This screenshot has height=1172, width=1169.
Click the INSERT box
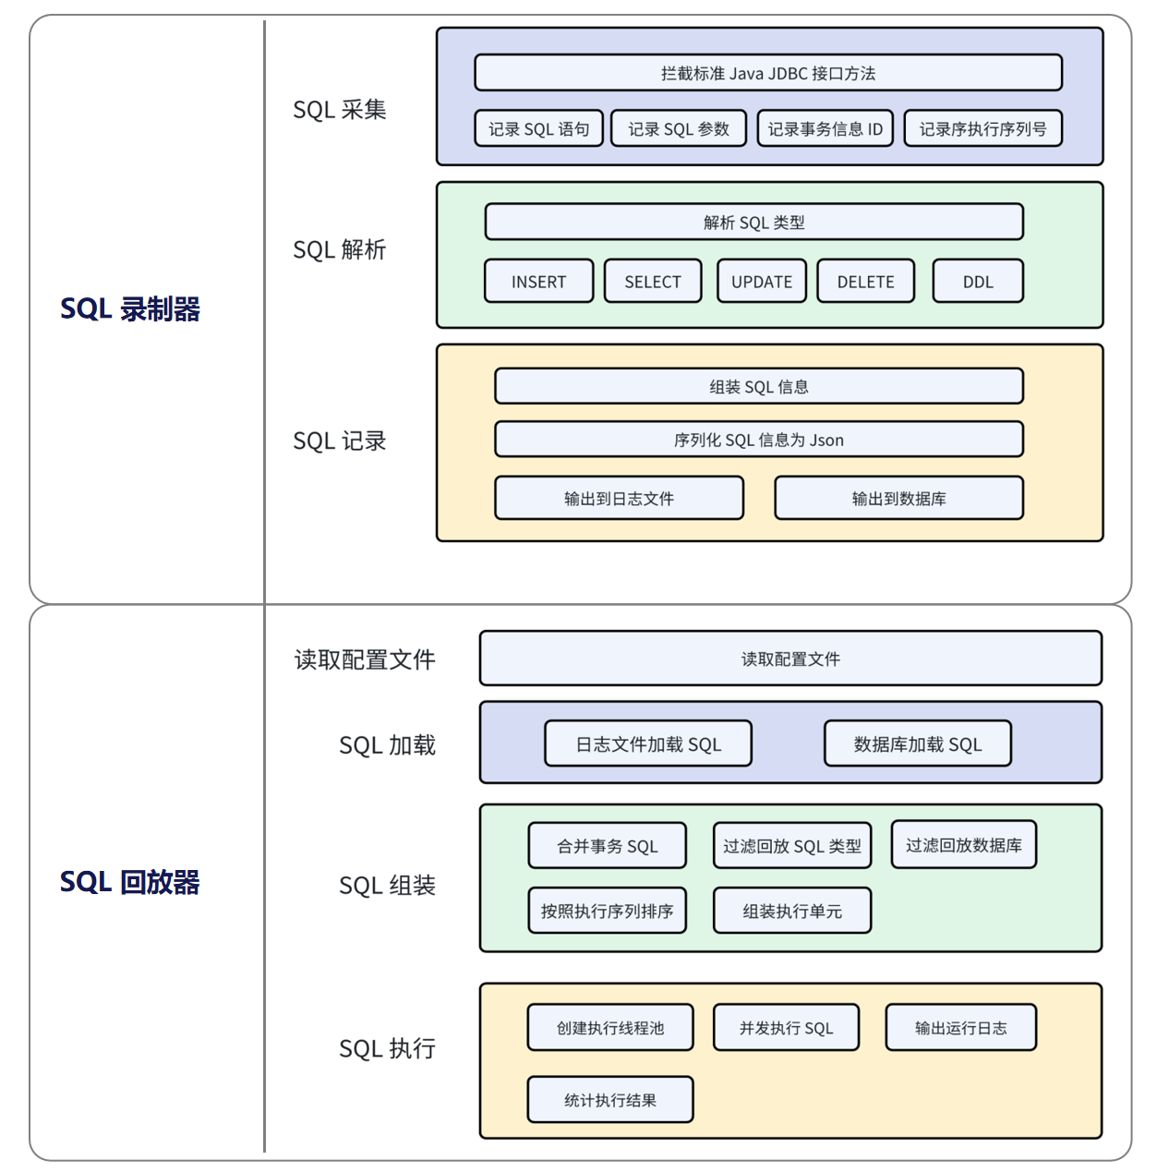pyautogui.click(x=538, y=282)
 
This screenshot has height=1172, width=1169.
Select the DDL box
pyautogui.click(x=978, y=282)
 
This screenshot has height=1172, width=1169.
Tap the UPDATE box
pyautogui.click(x=762, y=282)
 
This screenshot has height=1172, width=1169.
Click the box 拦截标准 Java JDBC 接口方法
pyautogui.click(x=768, y=73)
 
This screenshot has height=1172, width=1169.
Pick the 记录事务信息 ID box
pyautogui.click(x=825, y=129)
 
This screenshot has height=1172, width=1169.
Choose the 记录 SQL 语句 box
pyautogui.click(x=538, y=129)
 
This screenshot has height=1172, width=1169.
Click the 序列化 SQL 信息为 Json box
pyautogui.click(x=758, y=440)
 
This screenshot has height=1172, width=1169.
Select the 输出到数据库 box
pyautogui.click(x=898, y=499)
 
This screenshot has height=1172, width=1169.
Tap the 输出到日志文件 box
pyautogui.click(x=619, y=499)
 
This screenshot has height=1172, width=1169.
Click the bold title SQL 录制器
pyautogui.click(x=130, y=309)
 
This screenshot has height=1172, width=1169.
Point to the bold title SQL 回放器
pyautogui.click(x=130, y=882)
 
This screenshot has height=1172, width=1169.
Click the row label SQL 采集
pyautogui.click(x=339, y=110)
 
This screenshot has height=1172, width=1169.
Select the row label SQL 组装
pyautogui.click(x=387, y=886)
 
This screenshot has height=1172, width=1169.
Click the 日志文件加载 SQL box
pyautogui.click(x=648, y=744)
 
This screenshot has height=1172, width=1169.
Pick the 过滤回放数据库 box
pyautogui.click(x=963, y=845)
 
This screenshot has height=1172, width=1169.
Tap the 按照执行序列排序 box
pyautogui.click(x=607, y=912)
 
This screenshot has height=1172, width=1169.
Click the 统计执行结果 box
pyautogui.click(x=610, y=1100)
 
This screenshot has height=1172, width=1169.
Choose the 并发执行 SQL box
pyautogui.click(x=786, y=1028)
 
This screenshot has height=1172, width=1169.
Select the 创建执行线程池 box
pyautogui.click(x=610, y=1028)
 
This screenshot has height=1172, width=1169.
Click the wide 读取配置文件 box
pyautogui.click(x=790, y=658)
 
